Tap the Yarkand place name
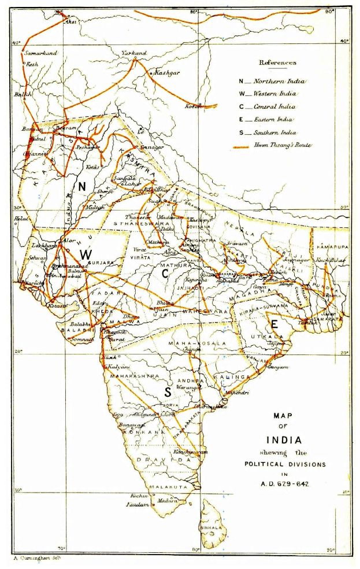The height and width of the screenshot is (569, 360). coord(134,53)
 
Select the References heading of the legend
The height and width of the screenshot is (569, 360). coord(277,62)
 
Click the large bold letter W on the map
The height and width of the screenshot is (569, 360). coord(86,254)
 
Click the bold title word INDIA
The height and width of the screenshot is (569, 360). coord(283,439)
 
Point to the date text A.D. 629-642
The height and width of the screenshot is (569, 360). coord(283,483)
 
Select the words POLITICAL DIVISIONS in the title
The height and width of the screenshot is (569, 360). coord(283,464)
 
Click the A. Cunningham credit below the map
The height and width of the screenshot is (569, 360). coord(36,559)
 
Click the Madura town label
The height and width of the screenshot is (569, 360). coord(166,500)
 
